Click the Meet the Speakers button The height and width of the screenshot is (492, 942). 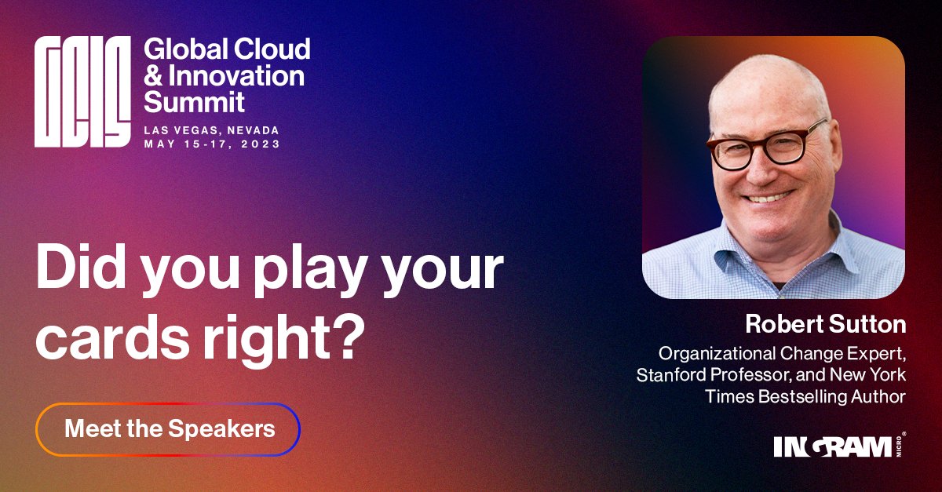tap(169, 429)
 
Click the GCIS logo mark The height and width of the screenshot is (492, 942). tap(82, 93)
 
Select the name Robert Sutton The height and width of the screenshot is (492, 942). tap(826, 323)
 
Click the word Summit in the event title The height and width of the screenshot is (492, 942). tap(195, 101)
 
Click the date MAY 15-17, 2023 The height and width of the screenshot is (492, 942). tap(212, 144)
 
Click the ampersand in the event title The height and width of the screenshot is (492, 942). tap(153, 75)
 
